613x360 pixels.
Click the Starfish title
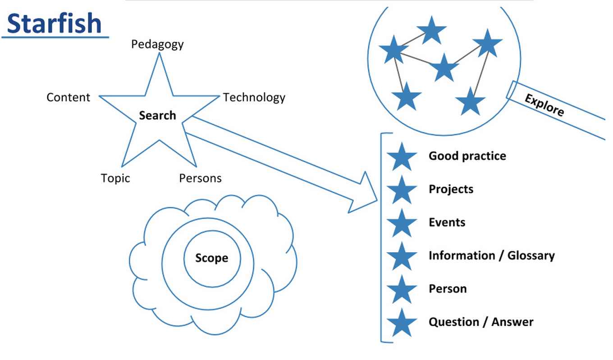click(x=55, y=23)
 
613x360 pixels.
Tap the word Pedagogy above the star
click(x=157, y=44)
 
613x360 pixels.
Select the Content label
click(x=68, y=97)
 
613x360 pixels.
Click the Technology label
click(x=254, y=97)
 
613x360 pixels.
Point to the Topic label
click(x=115, y=178)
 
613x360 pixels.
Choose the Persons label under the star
click(x=200, y=178)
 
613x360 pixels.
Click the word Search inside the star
click(x=157, y=115)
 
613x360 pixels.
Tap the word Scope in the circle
click(x=211, y=258)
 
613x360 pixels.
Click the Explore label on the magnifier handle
click(x=544, y=105)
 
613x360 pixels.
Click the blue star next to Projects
click(x=401, y=190)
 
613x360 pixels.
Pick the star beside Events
click(x=401, y=223)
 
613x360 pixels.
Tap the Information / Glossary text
click(x=491, y=255)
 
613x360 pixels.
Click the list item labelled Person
click(x=447, y=288)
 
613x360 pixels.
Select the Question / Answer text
click(x=480, y=322)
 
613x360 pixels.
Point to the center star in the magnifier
click(x=444, y=68)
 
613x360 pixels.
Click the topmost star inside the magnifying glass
click(x=431, y=31)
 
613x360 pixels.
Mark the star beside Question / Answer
click(x=401, y=323)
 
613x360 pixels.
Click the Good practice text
click(x=467, y=156)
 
